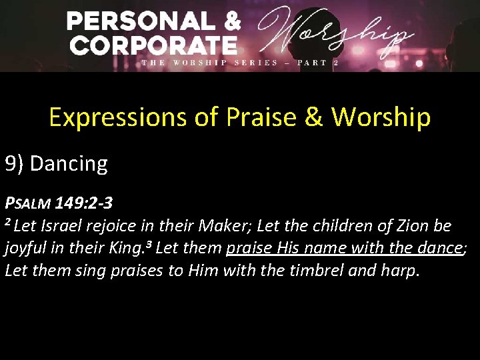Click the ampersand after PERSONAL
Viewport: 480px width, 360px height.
232,21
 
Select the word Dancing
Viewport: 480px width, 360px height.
69,163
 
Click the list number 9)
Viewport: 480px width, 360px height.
15,163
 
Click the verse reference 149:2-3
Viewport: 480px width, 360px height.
84,202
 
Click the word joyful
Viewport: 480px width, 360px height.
26,249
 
